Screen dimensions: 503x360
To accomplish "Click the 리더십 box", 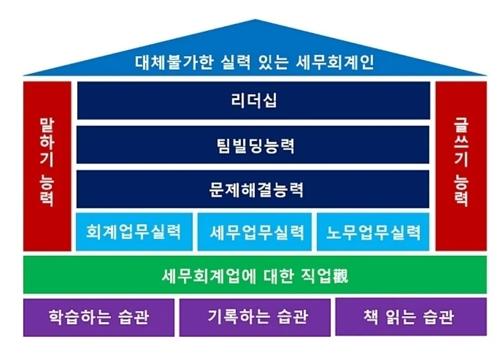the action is [253, 101].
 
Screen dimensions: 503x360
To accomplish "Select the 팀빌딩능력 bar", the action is [253, 145].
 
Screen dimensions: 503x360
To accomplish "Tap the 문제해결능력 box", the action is [253, 190].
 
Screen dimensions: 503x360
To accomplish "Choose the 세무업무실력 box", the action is [254, 232].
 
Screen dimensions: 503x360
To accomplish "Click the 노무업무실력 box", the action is [373, 232].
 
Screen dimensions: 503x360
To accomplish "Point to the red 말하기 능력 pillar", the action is [47, 166].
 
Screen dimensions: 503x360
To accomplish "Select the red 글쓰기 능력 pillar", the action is [461, 166].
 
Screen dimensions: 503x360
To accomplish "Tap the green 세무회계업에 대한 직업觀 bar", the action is [255, 276].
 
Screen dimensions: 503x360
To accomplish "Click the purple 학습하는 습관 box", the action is [99, 317].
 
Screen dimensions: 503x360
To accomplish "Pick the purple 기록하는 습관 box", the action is [255, 317].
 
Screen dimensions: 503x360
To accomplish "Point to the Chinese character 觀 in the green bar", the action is [339, 276].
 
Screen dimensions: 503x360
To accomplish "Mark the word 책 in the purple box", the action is [370, 317].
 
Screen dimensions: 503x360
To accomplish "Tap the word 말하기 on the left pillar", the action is [47, 142].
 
